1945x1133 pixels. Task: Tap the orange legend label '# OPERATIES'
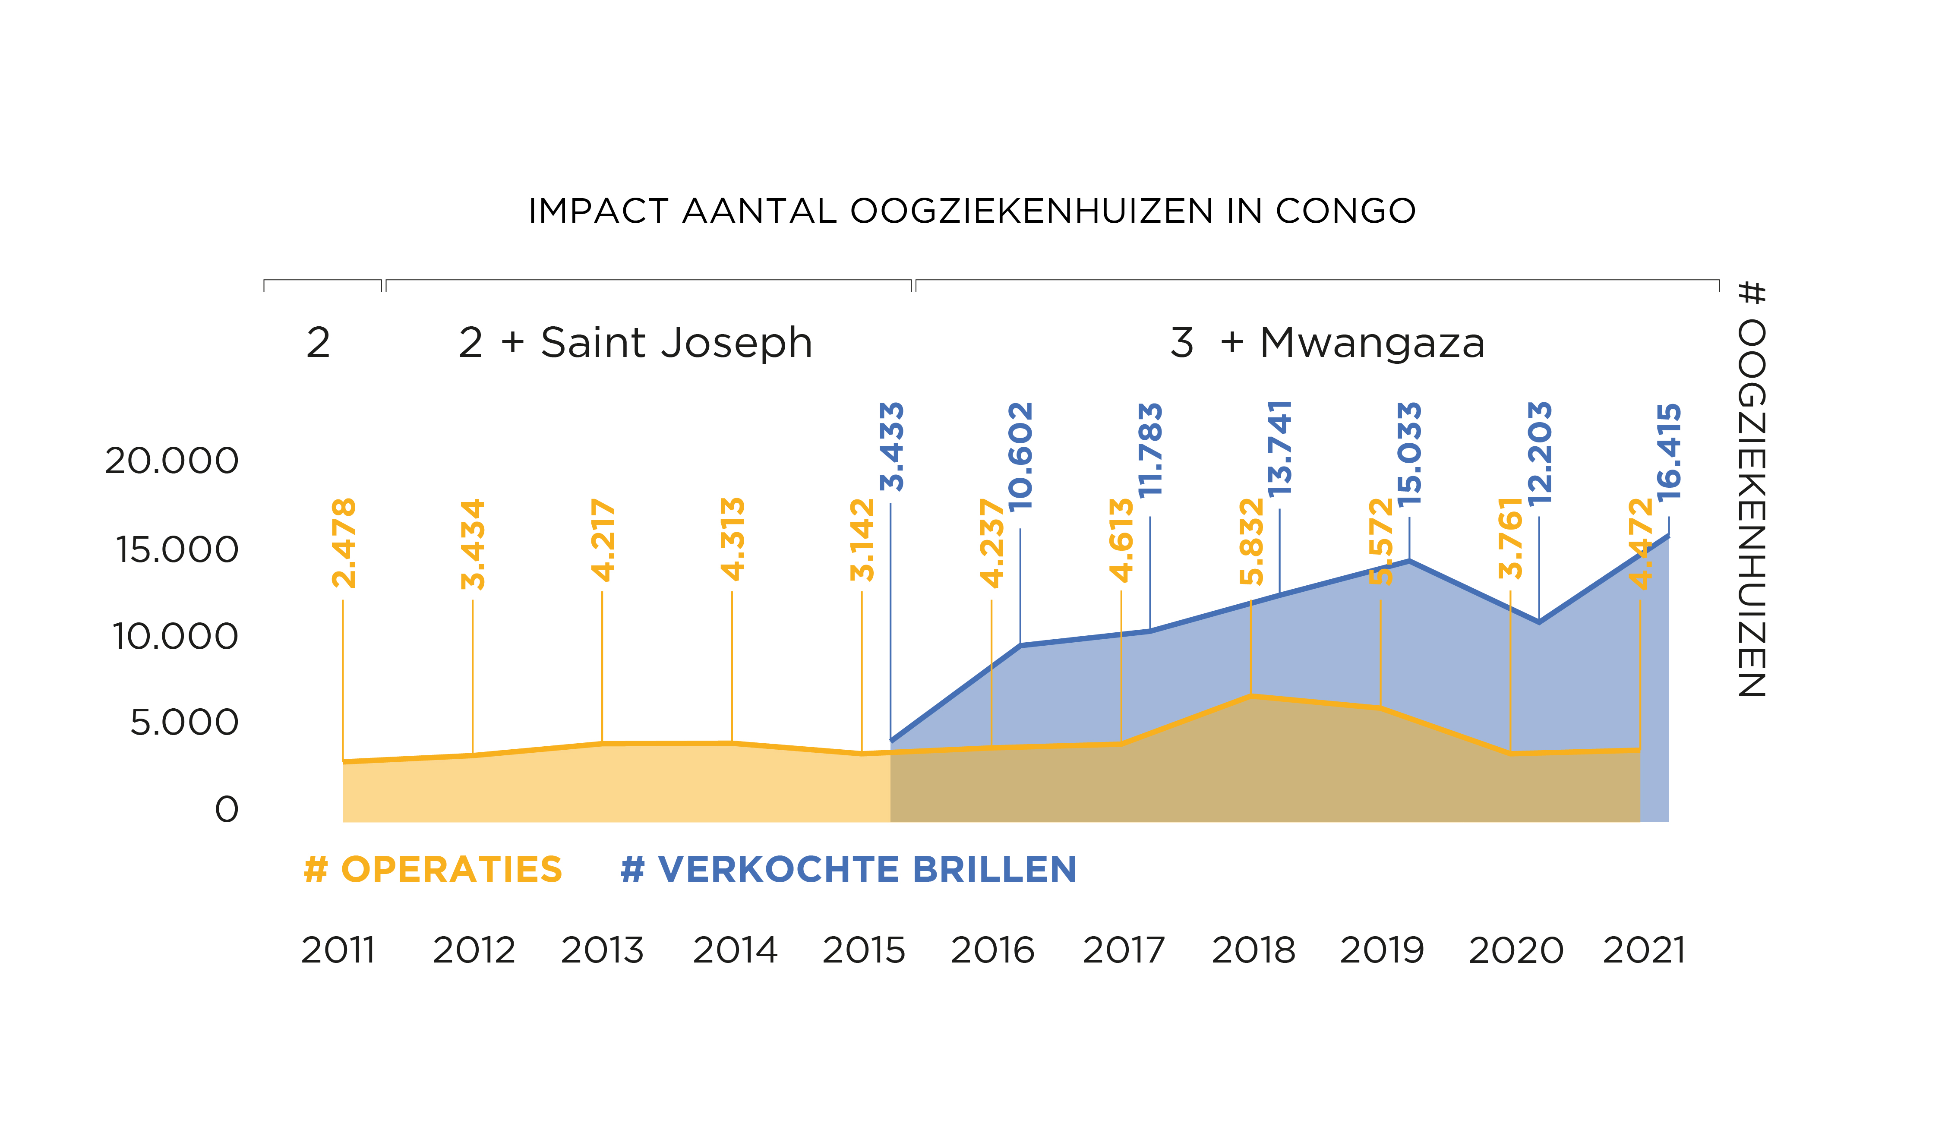[433, 870]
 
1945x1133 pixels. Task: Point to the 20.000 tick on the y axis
[172, 461]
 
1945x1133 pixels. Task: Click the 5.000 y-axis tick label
[184, 723]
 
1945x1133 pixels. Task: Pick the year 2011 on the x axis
[338, 950]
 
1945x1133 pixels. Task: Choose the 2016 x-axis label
[992, 950]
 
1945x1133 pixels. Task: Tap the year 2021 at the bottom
[1644, 950]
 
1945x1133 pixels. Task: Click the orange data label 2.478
[344, 543]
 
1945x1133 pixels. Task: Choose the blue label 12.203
[1540, 453]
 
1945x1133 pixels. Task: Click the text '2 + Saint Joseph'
[635, 343]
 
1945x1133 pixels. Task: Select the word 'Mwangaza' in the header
[1371, 343]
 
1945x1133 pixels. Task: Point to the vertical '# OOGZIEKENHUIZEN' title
[1751, 489]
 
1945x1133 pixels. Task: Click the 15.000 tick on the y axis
[177, 549]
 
